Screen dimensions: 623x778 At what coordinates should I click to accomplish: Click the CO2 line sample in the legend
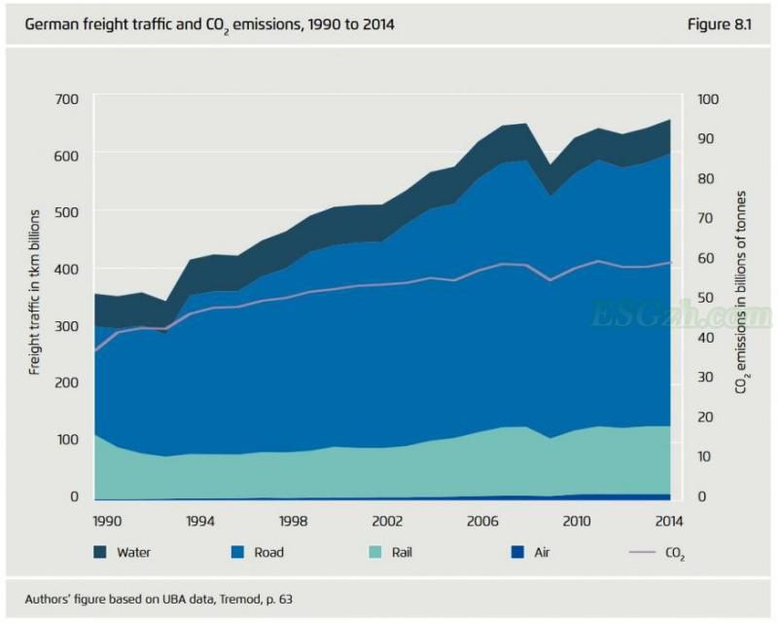(642, 552)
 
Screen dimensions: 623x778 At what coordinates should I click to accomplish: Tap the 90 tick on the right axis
(708, 139)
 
